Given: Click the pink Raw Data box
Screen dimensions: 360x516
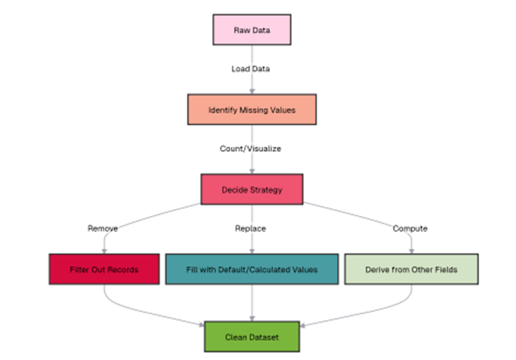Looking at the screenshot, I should [x=252, y=31].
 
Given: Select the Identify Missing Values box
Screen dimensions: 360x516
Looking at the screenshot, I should [x=252, y=109].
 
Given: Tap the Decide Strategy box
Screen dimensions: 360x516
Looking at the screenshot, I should [x=252, y=189].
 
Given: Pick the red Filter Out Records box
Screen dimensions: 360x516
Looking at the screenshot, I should [x=104, y=269].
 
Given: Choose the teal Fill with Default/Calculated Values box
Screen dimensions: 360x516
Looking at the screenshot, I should [x=252, y=269].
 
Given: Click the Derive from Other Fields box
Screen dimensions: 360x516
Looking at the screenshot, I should [x=411, y=269].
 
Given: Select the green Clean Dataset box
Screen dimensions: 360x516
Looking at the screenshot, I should [x=252, y=337].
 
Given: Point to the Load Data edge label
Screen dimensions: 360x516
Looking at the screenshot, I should [x=251, y=69].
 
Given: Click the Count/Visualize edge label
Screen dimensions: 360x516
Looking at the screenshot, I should [x=252, y=149].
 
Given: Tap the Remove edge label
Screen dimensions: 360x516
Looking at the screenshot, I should [x=104, y=229].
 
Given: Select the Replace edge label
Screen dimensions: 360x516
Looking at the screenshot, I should [x=251, y=229].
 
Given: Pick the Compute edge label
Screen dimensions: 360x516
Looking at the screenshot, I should [x=411, y=229].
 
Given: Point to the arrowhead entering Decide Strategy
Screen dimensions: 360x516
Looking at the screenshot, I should [x=252, y=171].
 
